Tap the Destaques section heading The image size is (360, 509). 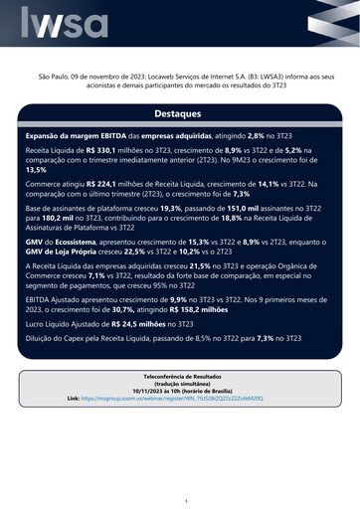point(179,114)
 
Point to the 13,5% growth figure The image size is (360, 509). point(35,170)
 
